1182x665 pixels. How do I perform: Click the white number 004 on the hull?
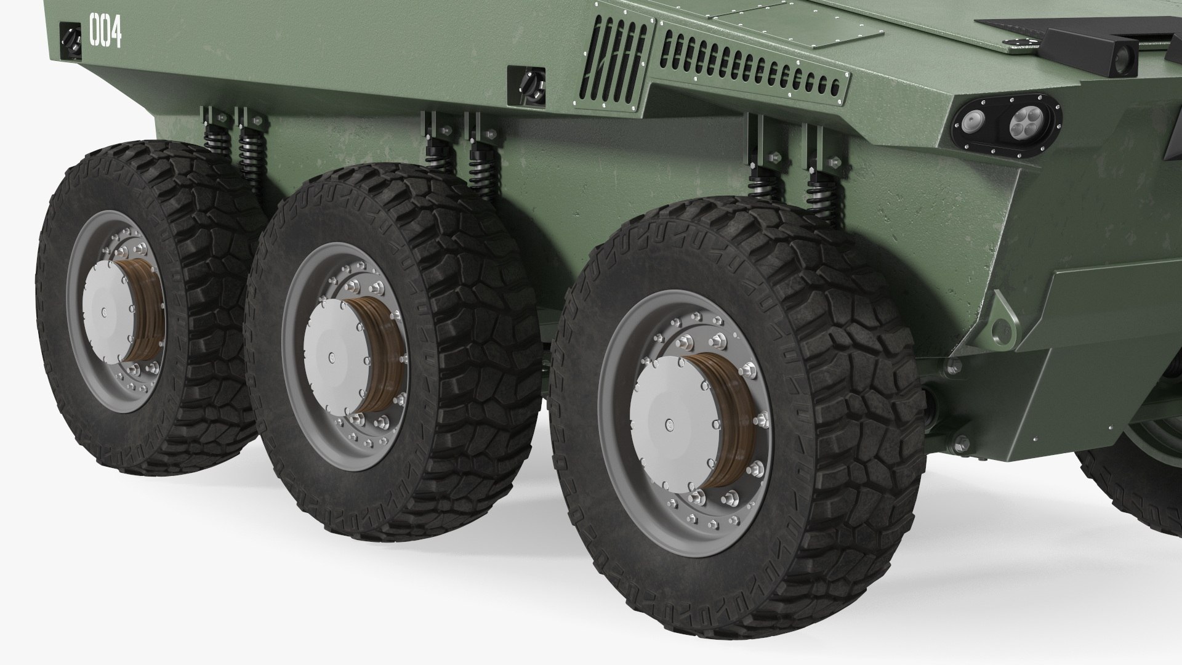[x=105, y=31]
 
